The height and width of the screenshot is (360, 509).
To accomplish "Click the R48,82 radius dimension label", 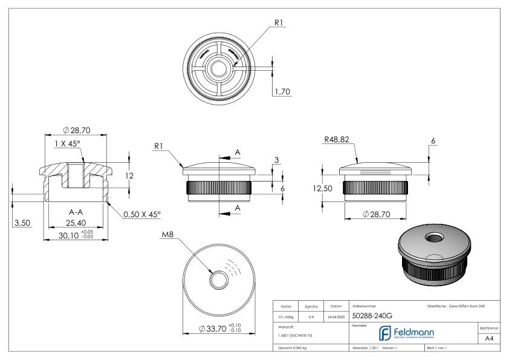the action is coord(337,140).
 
